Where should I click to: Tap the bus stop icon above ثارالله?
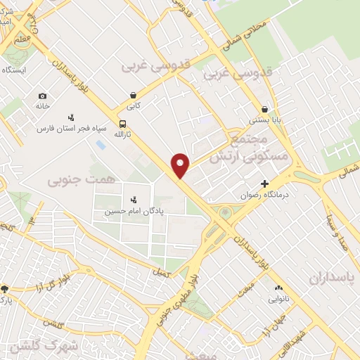click(123, 124)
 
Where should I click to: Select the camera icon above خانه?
click(43, 96)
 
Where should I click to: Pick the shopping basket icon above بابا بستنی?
click(264, 110)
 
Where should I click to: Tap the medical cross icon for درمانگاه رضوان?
click(264, 184)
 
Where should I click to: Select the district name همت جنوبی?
click(71, 181)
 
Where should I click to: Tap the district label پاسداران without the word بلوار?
click(333, 278)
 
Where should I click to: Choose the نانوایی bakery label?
click(280, 299)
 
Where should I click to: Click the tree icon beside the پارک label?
click(5, 288)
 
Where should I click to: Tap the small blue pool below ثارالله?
click(100, 144)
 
